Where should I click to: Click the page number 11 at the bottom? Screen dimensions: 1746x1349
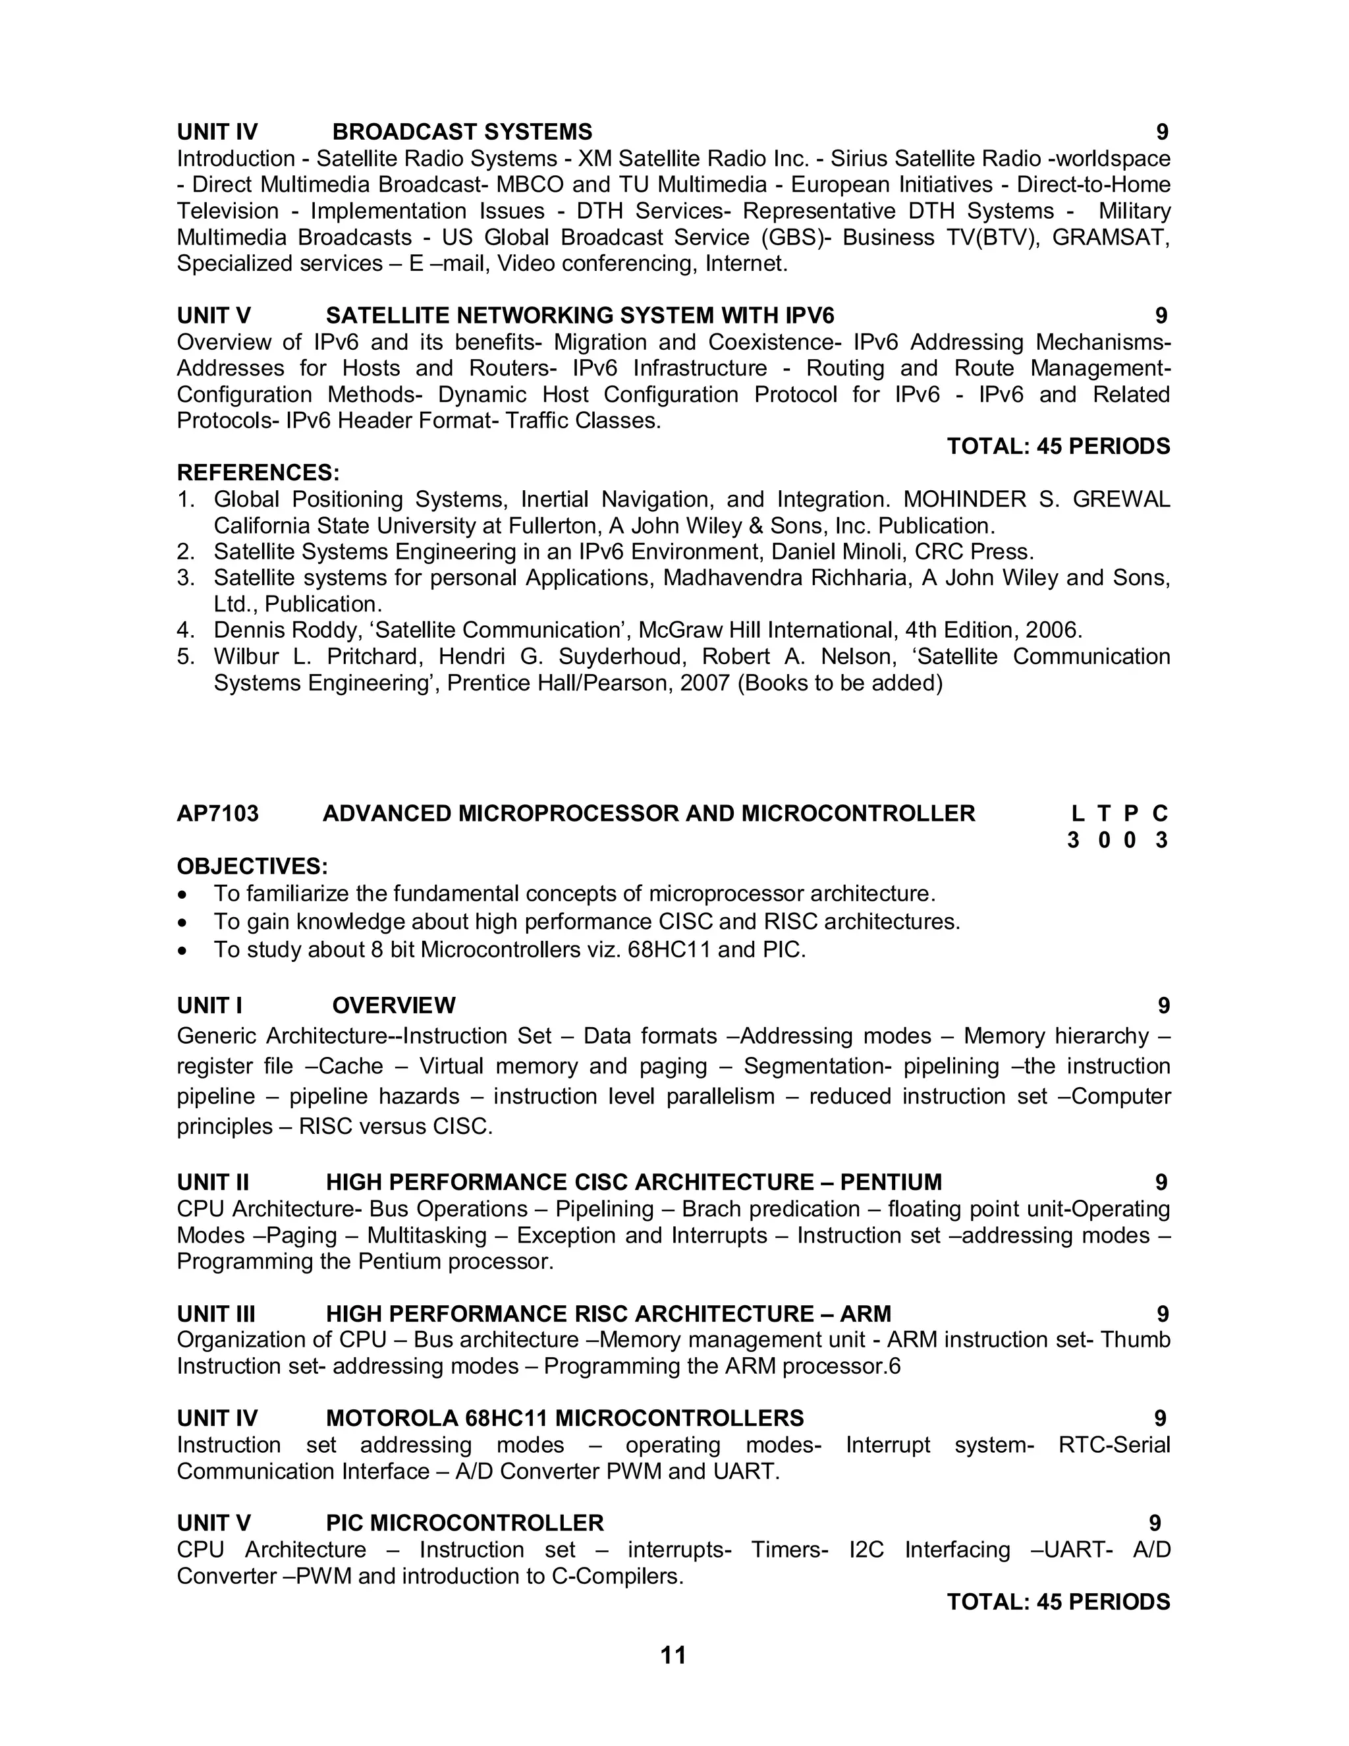pyautogui.click(x=673, y=1655)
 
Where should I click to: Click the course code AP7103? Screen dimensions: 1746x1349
pyautogui.click(x=217, y=814)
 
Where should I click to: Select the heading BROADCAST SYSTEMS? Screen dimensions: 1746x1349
pyautogui.click(x=462, y=132)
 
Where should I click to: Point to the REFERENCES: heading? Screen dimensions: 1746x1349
pyautogui.click(x=258, y=472)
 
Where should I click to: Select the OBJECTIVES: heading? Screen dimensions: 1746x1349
pyautogui.click(x=252, y=866)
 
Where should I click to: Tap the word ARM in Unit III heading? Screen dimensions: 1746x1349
pyautogui.click(x=866, y=1314)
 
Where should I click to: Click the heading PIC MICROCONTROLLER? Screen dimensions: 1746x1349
pyautogui.click(x=464, y=1523)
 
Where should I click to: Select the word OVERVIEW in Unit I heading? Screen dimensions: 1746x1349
pyautogui.click(x=394, y=1005)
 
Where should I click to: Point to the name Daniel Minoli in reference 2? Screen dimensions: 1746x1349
pyautogui.click(x=837, y=551)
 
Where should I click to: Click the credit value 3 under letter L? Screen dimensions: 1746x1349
pyautogui.click(x=1073, y=840)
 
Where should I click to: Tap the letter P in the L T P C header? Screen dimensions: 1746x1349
pyautogui.click(x=1131, y=814)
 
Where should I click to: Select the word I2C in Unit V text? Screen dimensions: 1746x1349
pyautogui.click(x=866, y=1550)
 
